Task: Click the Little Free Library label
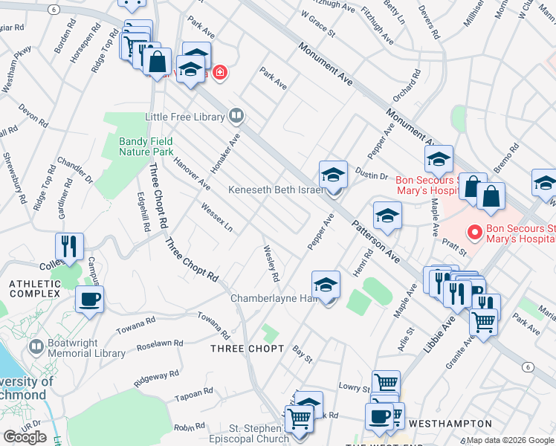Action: tap(184, 117)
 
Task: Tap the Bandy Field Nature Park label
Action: tap(146, 146)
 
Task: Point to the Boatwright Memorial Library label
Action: tap(77, 349)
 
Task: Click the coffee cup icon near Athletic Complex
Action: tap(89, 300)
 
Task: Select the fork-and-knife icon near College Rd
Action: tap(69, 245)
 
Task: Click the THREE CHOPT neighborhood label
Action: tap(247, 349)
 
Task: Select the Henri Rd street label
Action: tap(363, 264)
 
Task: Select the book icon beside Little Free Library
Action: tap(236, 116)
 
